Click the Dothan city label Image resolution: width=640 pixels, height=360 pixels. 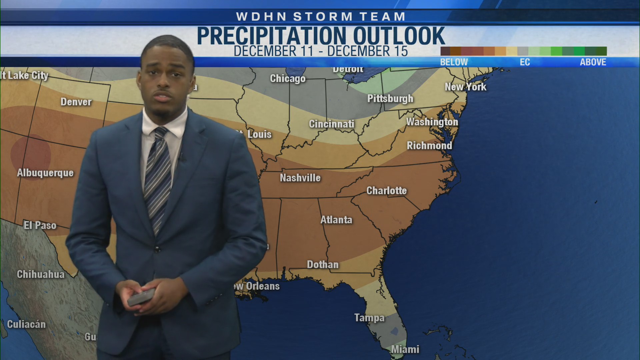pos(323,265)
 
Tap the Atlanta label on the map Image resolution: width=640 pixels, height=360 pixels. pos(336,220)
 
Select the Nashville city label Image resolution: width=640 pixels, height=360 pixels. pos(300,178)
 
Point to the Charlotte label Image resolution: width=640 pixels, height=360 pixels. pos(387,191)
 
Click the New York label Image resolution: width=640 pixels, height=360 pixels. pos(466,87)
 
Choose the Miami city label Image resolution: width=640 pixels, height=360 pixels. pos(405,349)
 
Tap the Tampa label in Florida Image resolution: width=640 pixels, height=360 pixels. pos(369,318)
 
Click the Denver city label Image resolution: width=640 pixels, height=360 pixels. pos(76,102)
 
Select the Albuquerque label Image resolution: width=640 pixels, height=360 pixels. pos(45,173)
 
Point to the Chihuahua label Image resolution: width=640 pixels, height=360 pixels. pos(41,274)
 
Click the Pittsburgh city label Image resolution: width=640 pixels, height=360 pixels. pos(390,99)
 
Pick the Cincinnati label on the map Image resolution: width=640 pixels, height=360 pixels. pos(332,124)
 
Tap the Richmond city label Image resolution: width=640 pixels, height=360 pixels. pos(429,146)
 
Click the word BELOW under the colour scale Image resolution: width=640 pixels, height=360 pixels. pos(454,62)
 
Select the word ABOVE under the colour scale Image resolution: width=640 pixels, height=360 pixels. pos(593,62)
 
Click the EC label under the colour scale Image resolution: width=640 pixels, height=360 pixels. pos(525,62)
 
